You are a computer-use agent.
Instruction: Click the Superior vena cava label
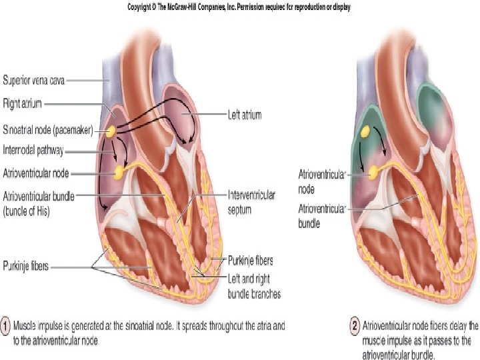tap(33, 80)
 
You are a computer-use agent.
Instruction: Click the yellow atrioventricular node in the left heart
tap(119, 173)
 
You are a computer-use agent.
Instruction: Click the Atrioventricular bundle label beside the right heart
tap(322, 216)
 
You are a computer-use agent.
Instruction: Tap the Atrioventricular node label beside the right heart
tap(322, 181)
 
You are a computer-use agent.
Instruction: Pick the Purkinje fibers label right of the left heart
tap(251, 261)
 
